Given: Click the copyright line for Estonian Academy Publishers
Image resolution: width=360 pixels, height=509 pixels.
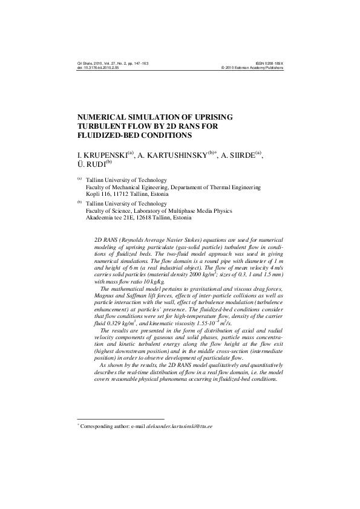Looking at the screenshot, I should coord(253,68).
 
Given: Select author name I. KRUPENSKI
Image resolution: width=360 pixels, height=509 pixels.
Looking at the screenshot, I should coord(102,155).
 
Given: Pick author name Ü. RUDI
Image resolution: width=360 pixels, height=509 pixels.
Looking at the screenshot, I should coord(91,164).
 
